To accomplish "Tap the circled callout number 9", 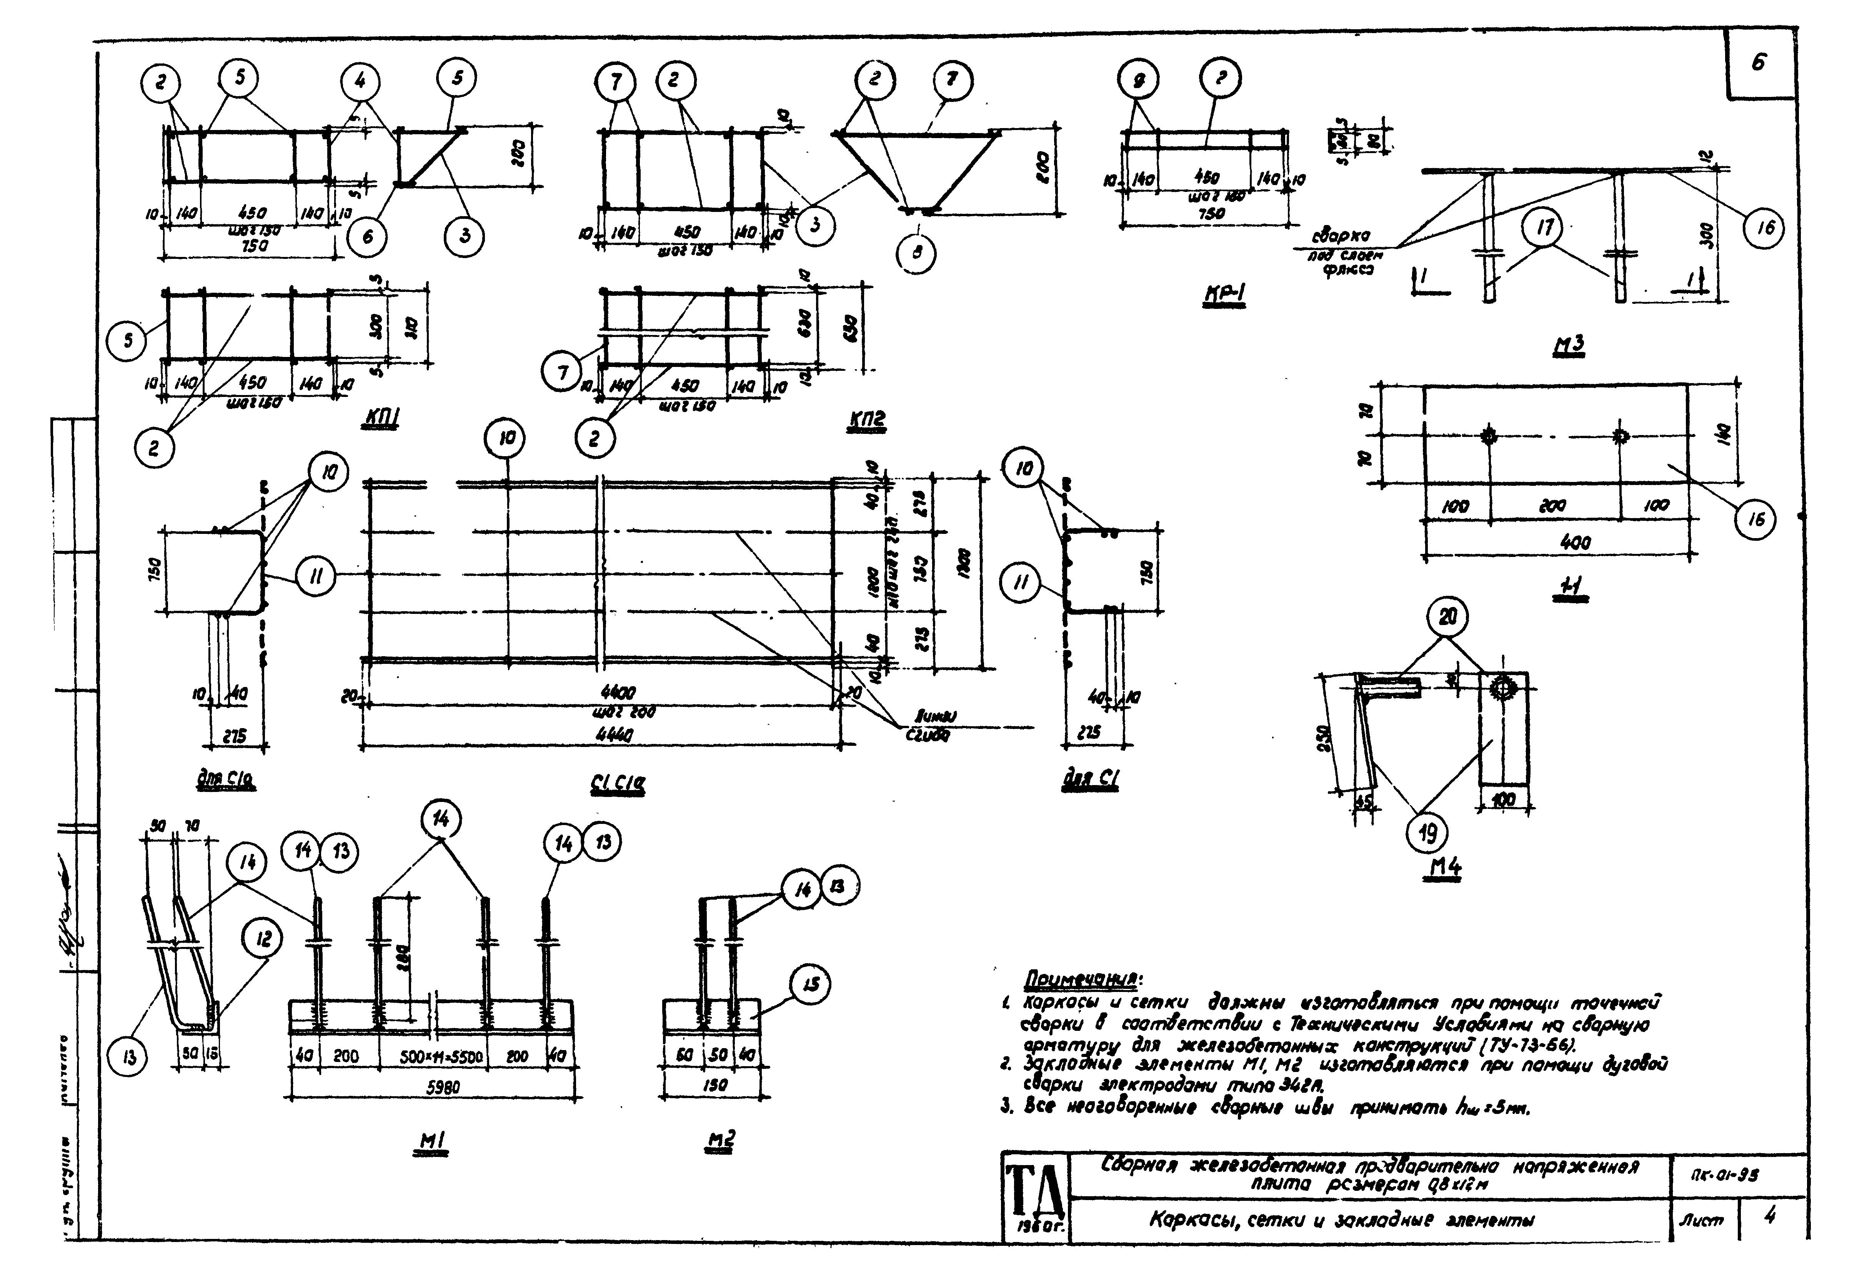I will pyautogui.click(x=1139, y=79).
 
